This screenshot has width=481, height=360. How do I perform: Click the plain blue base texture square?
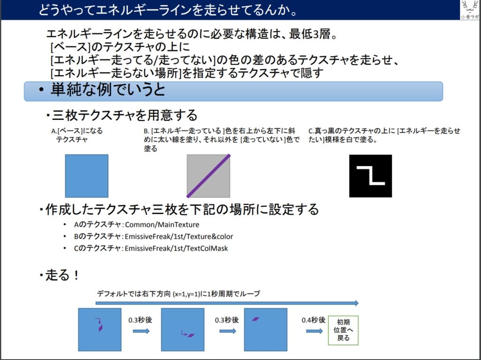click(x=86, y=176)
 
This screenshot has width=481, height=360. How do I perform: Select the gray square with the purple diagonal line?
click(x=209, y=176)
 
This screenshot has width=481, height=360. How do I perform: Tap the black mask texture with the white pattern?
click(x=370, y=176)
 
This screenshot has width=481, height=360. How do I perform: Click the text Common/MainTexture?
click(x=162, y=225)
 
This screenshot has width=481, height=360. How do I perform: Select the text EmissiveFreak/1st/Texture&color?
click(x=179, y=236)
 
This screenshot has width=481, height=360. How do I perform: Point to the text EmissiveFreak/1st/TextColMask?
click(x=176, y=248)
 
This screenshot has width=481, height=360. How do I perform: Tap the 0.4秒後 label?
click(x=313, y=320)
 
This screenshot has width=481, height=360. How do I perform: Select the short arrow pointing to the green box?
click(x=314, y=331)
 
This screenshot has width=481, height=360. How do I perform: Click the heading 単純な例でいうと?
click(x=108, y=90)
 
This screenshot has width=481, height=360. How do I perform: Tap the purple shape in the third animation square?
click(x=255, y=319)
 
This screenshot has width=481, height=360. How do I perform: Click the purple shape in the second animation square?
click(x=191, y=335)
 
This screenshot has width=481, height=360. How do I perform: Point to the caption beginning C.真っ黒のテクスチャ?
click(x=384, y=135)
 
